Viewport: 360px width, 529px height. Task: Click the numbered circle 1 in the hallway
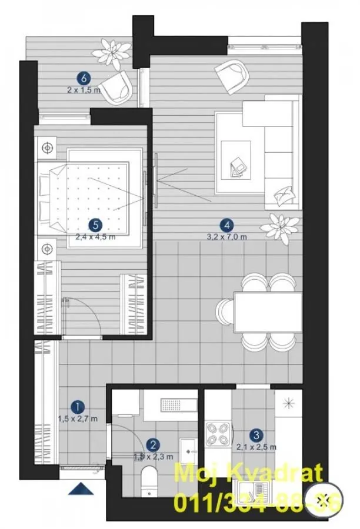(x=76, y=406)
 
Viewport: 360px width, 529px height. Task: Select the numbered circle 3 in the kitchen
(x=256, y=435)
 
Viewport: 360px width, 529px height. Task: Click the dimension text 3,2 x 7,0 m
(x=225, y=237)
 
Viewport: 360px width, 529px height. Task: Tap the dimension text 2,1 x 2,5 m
(x=256, y=446)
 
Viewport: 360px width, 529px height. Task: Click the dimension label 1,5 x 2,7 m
(x=77, y=418)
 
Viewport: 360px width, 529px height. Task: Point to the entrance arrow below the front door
(x=82, y=488)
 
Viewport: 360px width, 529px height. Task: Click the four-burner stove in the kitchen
(x=218, y=434)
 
